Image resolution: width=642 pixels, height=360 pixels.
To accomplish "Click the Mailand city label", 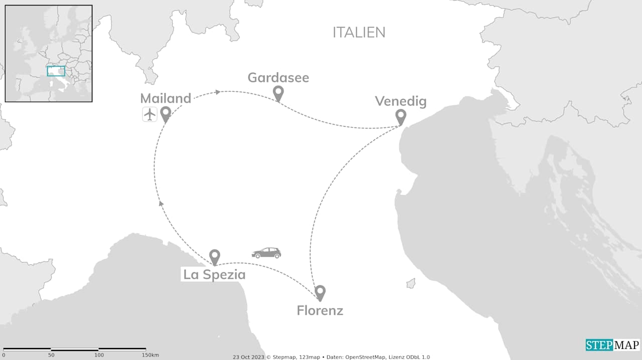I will [166, 98].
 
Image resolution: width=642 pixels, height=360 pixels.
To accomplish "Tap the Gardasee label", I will [278, 78].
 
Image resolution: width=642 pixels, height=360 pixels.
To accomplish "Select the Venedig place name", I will [401, 102].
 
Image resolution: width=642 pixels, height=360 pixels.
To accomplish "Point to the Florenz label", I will [320, 310].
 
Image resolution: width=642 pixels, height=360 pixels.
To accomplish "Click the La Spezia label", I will [214, 275].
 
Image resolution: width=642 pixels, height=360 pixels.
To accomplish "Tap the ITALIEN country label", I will [359, 33].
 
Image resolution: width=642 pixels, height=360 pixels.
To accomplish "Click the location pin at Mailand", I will [165, 114].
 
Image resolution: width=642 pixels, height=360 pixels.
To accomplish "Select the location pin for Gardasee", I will [278, 92].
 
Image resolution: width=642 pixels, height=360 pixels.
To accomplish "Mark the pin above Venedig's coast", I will [400, 116].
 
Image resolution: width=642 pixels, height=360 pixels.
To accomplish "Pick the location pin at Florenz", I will [320, 292].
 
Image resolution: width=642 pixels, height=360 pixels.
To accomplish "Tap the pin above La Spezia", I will [215, 256].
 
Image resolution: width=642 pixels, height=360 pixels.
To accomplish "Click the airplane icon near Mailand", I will [149, 114].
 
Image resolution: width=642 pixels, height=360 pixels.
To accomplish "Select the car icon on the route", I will [266, 253].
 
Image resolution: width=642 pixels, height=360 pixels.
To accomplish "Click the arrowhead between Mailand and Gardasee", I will [217, 92].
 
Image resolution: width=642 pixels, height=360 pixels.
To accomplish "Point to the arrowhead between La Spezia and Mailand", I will [161, 203].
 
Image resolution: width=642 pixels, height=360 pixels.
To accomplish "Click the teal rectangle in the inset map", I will [56, 71].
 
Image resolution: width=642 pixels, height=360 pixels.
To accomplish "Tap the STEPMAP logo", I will [612, 345].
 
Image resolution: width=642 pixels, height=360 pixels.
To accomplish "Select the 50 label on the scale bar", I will [51, 355].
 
